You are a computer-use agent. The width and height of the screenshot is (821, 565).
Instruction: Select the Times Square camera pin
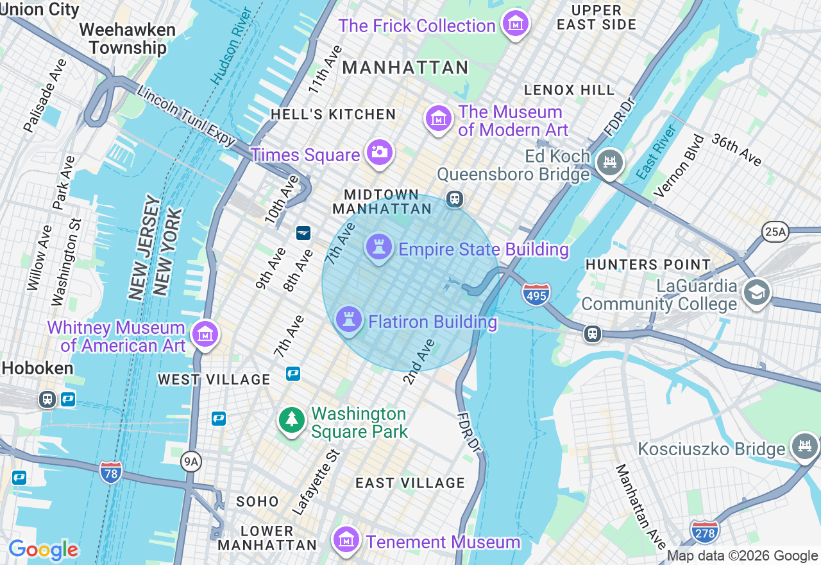coord(379,153)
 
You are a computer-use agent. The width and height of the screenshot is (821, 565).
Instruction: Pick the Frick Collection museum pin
coord(515,24)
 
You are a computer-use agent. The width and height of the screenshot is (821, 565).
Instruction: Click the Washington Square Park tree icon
coord(292,421)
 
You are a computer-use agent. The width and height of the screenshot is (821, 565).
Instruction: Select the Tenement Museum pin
coord(346,540)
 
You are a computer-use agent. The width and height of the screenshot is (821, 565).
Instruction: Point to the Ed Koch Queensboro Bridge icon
coord(609,162)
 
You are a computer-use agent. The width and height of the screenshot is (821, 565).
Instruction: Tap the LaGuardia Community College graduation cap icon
coord(756,293)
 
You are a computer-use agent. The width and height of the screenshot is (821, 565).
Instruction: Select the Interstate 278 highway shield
coord(704,532)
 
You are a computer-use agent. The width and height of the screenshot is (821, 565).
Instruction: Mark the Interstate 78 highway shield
coord(111,473)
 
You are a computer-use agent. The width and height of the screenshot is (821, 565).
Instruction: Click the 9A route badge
coord(190,460)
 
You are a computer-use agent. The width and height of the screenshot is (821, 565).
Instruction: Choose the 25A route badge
coord(775,232)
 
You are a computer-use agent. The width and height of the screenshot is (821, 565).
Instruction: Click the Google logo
coord(43,550)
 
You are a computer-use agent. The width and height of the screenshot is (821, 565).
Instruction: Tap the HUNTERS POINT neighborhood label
coord(648,265)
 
